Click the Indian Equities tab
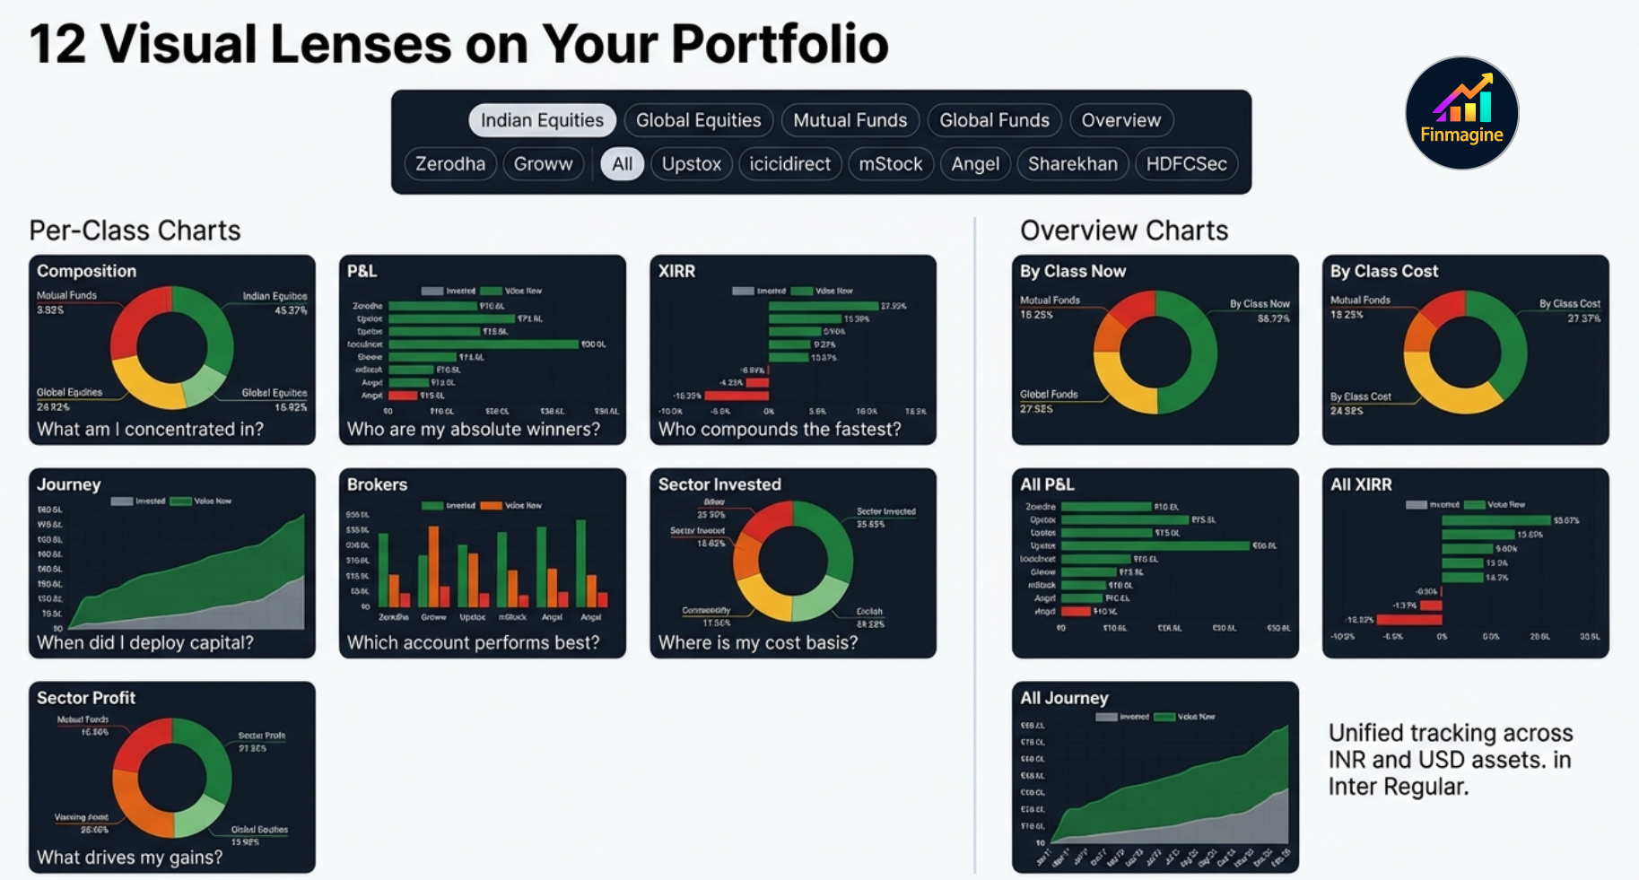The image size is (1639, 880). (542, 120)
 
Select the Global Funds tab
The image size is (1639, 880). (994, 120)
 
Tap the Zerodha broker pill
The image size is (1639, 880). (449, 164)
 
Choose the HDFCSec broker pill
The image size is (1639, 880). (1186, 164)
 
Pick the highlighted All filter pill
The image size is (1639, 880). (622, 164)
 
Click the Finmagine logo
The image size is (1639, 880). (1461, 113)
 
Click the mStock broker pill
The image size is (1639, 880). (890, 164)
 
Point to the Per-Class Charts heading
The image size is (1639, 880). (135, 231)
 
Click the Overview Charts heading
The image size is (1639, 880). (1123, 231)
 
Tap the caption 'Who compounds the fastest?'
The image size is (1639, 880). (779, 429)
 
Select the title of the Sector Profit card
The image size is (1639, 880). (86, 698)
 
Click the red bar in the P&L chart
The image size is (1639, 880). (403, 396)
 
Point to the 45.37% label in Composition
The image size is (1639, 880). (291, 310)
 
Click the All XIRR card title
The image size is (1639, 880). (1360, 484)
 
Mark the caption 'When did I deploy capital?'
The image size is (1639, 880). (144, 642)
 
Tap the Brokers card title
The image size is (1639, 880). (377, 484)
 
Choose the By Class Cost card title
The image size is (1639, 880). (1383, 271)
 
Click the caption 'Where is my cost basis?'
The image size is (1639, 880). (757, 642)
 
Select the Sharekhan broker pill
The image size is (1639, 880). (1072, 164)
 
